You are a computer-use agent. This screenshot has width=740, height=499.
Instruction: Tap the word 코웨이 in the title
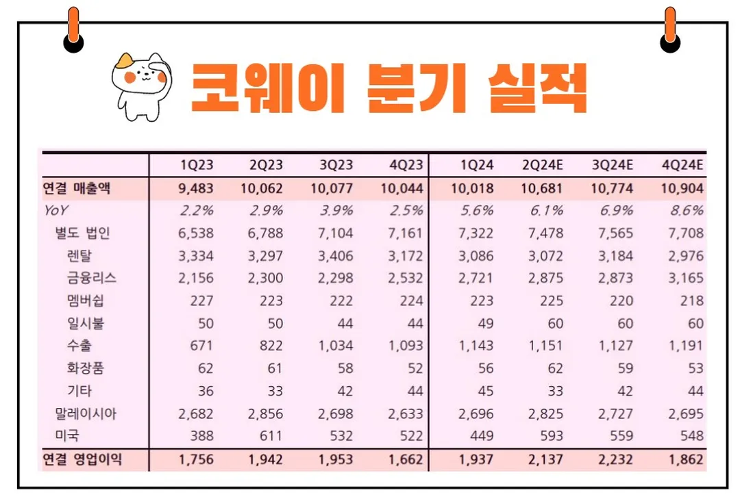point(267,88)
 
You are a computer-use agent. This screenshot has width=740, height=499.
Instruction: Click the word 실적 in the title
point(537,88)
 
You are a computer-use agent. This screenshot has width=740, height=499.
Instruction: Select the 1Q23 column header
point(197,165)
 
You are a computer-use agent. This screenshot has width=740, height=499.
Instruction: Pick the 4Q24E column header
point(682,165)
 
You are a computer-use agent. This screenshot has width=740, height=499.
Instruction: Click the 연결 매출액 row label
point(76,188)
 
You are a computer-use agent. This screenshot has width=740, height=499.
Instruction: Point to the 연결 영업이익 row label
point(82,459)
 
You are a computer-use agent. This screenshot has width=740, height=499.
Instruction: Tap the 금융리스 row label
point(92,278)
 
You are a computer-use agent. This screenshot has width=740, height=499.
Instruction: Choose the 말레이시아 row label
point(86,413)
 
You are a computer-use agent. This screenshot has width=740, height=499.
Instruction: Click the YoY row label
point(56,210)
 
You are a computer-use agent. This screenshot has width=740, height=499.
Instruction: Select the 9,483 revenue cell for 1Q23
point(195,188)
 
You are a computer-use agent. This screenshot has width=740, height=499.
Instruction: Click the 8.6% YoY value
point(687,210)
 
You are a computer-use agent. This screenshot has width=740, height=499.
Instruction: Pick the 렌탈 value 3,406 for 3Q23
point(336,255)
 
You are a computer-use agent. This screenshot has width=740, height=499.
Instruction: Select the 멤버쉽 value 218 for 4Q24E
point(692,300)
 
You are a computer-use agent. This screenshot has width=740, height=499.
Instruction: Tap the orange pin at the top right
point(670,31)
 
